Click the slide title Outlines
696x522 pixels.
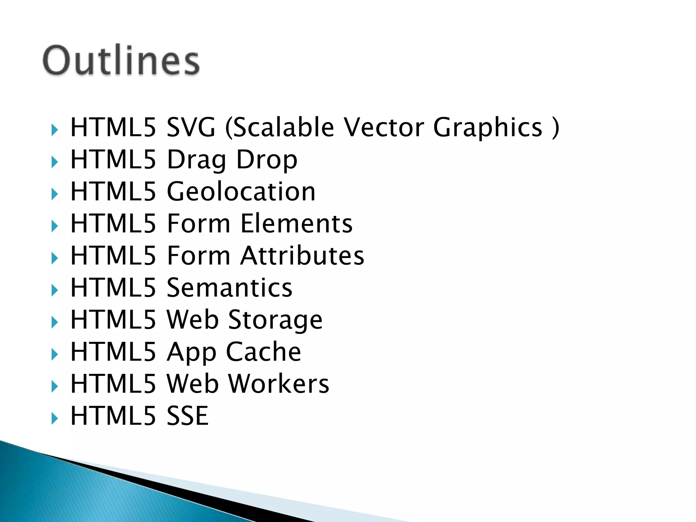click(x=121, y=60)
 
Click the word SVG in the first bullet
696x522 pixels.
click(x=191, y=127)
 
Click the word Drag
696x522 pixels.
click(x=196, y=160)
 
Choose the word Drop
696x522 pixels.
click(x=267, y=160)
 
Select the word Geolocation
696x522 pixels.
click(x=241, y=191)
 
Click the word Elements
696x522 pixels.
click(x=296, y=223)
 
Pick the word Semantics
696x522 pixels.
click(x=229, y=288)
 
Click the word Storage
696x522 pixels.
click(x=275, y=320)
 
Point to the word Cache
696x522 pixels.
click(x=263, y=352)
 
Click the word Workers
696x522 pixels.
click(x=279, y=384)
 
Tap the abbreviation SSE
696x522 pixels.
click(x=187, y=416)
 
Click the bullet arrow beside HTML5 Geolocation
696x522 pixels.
click(x=54, y=194)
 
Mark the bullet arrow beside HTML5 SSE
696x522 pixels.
click(x=54, y=418)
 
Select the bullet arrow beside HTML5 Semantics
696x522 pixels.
click(x=54, y=290)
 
